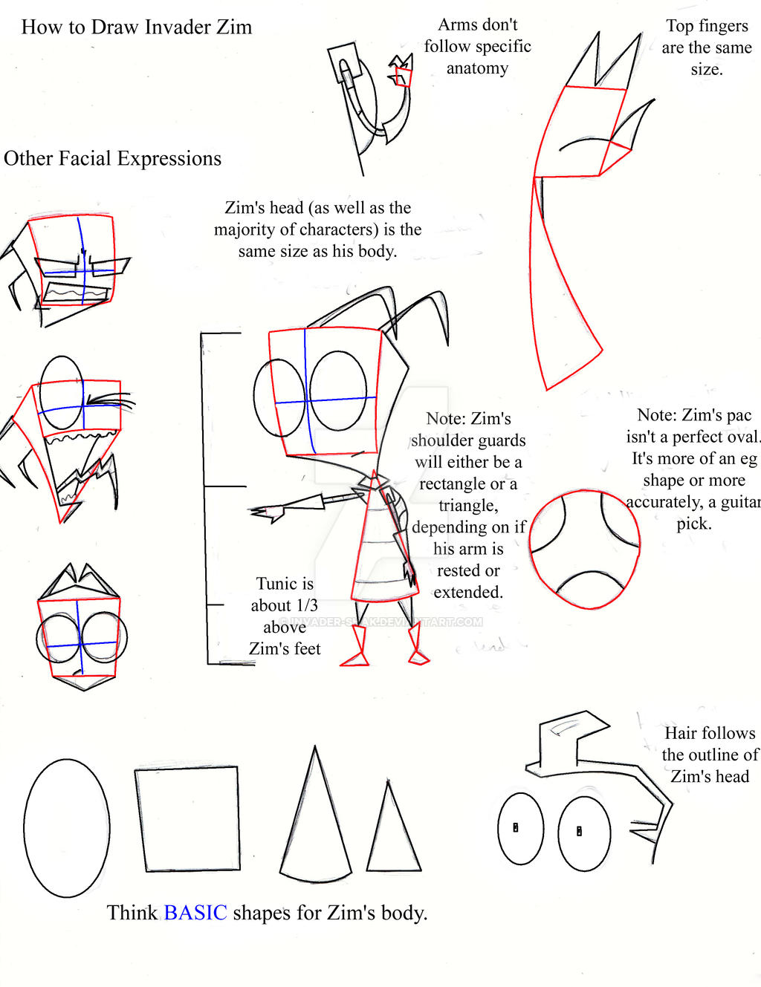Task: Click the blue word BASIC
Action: (195, 912)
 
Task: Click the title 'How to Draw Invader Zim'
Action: (137, 27)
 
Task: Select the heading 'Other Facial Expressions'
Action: (113, 158)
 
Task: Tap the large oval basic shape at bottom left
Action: (67, 827)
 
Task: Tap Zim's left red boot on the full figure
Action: (357, 648)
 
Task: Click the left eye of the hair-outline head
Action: (520, 828)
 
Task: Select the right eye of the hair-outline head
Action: (584, 833)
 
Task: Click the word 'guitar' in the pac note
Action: (739, 502)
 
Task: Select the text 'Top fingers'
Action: (707, 26)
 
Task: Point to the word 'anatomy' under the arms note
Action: (477, 68)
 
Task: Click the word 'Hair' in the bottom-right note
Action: (680, 733)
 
